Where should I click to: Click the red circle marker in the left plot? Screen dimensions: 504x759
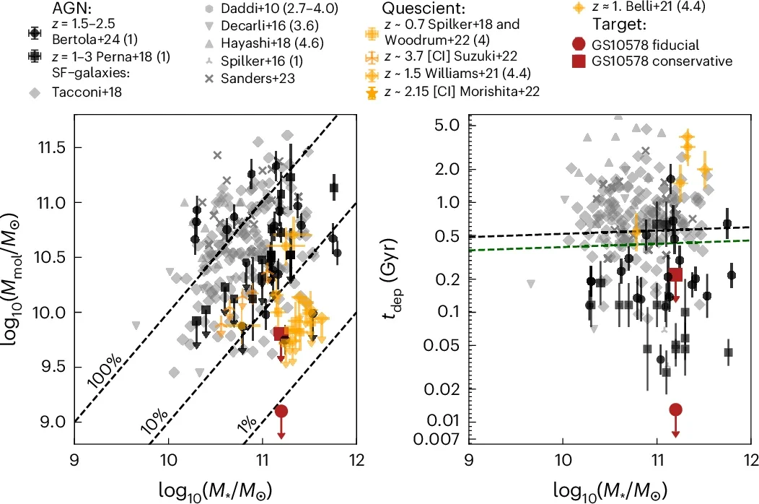tap(281, 411)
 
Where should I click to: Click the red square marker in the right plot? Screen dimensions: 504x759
tap(676, 274)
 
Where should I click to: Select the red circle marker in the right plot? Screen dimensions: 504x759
tap(675, 409)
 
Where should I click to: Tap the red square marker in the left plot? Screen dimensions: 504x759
tap(281, 333)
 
